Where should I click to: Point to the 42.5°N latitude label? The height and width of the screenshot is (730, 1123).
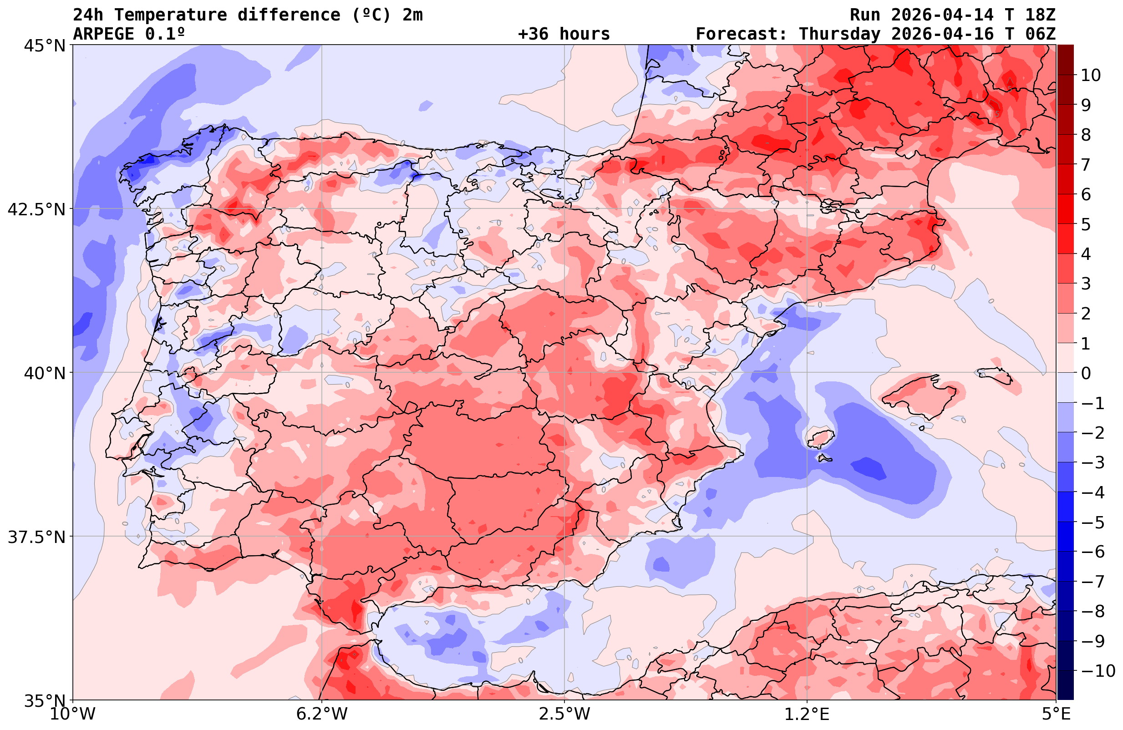tap(36, 209)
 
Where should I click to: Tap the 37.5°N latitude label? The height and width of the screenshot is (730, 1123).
tap(36, 537)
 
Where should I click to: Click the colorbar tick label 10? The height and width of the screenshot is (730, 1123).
tap(1091, 75)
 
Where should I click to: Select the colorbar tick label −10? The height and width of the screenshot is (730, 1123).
tap(1098, 670)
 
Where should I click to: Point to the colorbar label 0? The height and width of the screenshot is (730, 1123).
tap(1086, 373)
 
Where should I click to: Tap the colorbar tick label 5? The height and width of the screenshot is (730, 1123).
tap(1086, 225)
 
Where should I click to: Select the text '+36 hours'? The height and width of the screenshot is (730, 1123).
tap(564, 34)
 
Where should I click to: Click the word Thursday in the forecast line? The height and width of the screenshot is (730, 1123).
tap(839, 34)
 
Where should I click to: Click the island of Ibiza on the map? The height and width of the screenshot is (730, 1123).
tap(821, 438)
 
